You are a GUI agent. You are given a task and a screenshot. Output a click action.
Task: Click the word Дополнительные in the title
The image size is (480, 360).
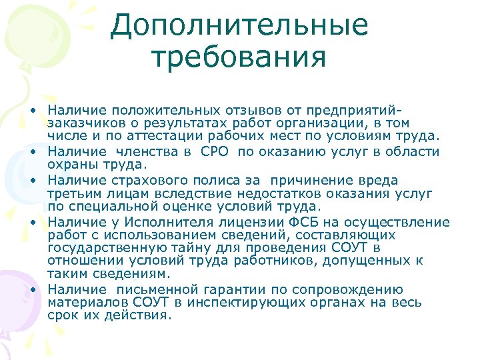point(239,25)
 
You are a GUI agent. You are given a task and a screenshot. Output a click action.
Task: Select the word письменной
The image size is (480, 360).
point(158,290)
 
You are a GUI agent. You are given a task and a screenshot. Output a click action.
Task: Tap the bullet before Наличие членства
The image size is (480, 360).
point(32,152)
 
